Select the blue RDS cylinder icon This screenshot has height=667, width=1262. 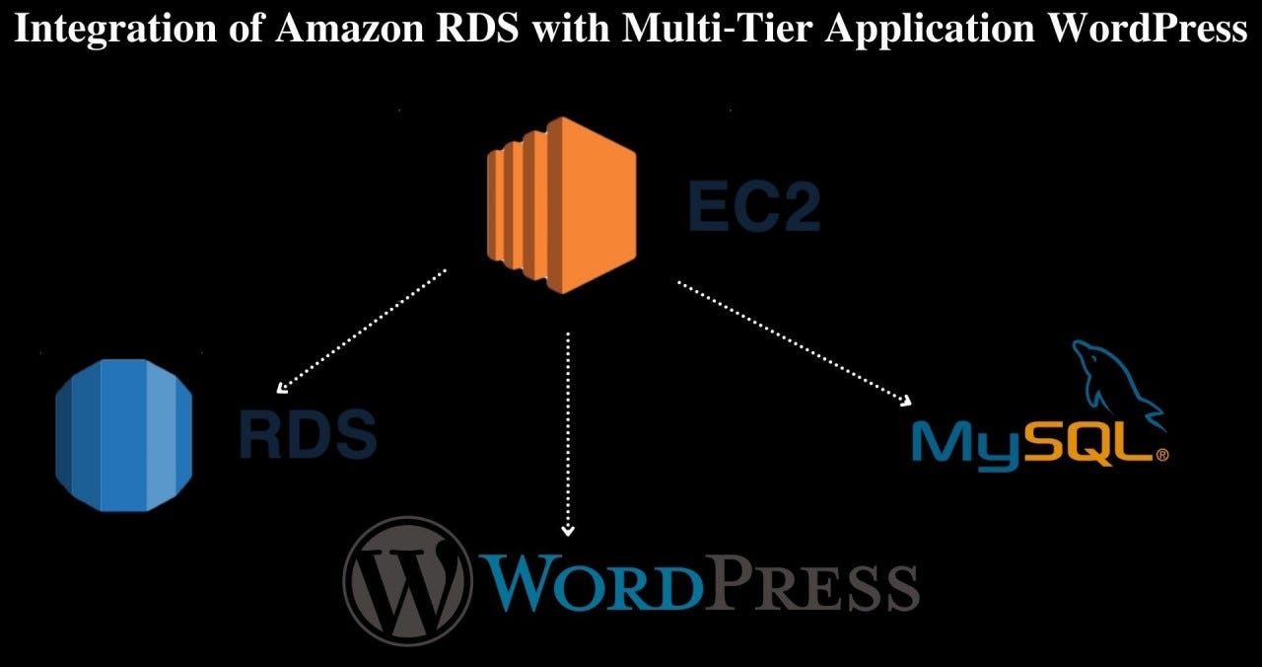(123, 435)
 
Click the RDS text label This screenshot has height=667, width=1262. (307, 435)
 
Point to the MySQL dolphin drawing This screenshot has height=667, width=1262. (1114, 385)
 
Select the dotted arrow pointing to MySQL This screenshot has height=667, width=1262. (794, 342)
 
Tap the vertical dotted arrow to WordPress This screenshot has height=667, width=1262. (568, 434)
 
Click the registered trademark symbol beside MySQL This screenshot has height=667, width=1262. (1161, 456)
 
